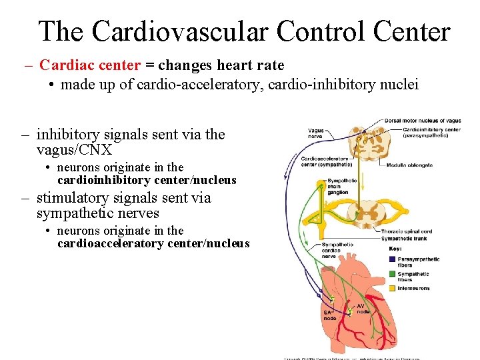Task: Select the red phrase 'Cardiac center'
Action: [x=90, y=65]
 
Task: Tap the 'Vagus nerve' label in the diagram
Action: [x=315, y=133]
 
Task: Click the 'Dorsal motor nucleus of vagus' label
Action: [x=423, y=121]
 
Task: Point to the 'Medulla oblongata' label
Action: [x=409, y=165]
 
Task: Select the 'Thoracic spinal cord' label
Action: [x=407, y=231]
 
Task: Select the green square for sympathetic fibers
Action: [x=391, y=273]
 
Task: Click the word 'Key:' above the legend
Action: [x=395, y=249]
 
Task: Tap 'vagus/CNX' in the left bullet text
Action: [x=74, y=150]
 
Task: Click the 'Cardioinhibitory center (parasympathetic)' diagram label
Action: [x=432, y=132]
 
